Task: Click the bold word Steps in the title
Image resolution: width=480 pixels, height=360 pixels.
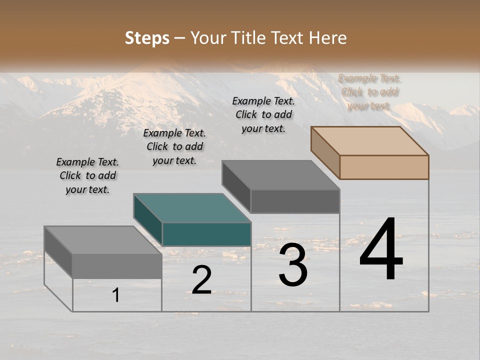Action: (x=147, y=38)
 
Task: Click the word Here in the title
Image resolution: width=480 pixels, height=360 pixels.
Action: (x=328, y=38)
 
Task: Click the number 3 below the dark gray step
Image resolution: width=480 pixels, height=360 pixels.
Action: (x=293, y=265)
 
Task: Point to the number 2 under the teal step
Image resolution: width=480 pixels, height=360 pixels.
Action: (x=201, y=280)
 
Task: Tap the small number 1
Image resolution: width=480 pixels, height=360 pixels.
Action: (x=116, y=295)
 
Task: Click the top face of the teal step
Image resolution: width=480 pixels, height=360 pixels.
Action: (x=192, y=207)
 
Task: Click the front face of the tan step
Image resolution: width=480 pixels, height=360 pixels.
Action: (x=384, y=167)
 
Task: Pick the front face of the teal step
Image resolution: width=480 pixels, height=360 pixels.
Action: (x=206, y=234)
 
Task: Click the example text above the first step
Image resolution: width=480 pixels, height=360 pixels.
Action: (x=87, y=175)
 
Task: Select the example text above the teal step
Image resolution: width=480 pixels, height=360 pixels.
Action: (x=174, y=146)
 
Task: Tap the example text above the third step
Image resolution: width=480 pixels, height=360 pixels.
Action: (x=263, y=114)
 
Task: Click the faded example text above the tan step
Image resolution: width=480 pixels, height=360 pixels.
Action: (x=369, y=91)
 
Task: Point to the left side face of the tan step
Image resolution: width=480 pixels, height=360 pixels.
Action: (x=325, y=152)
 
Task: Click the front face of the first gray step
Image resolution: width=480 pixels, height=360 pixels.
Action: (x=117, y=266)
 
